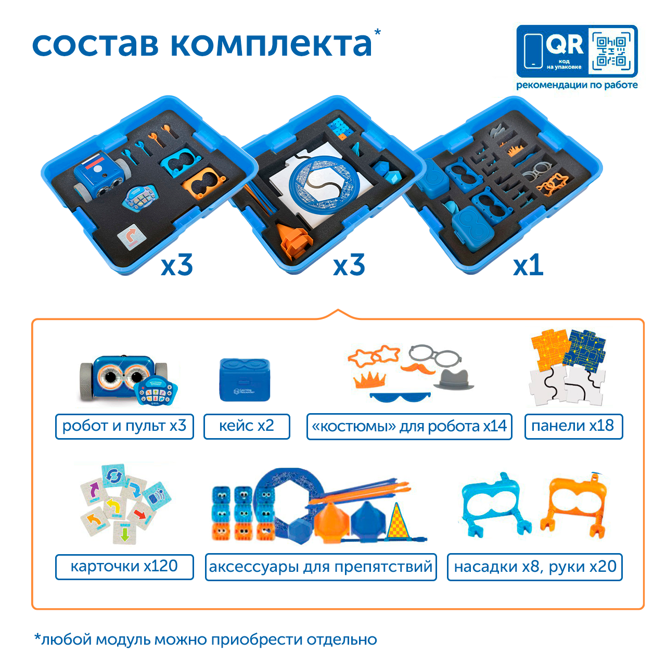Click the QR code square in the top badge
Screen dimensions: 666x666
(x=611, y=51)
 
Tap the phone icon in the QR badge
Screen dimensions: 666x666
(x=533, y=52)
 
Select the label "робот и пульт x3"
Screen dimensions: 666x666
(x=124, y=426)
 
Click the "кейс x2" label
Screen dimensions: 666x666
(x=247, y=426)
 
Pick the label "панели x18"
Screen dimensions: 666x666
(x=573, y=426)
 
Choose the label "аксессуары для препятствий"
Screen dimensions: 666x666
(x=321, y=567)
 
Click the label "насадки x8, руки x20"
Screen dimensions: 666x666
(x=535, y=567)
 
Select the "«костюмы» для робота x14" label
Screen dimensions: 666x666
(x=409, y=426)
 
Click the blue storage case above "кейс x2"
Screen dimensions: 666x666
(x=245, y=379)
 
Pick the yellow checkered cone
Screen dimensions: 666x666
(x=398, y=521)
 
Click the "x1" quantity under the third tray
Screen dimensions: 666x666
(x=528, y=265)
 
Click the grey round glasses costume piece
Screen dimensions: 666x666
(x=435, y=355)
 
